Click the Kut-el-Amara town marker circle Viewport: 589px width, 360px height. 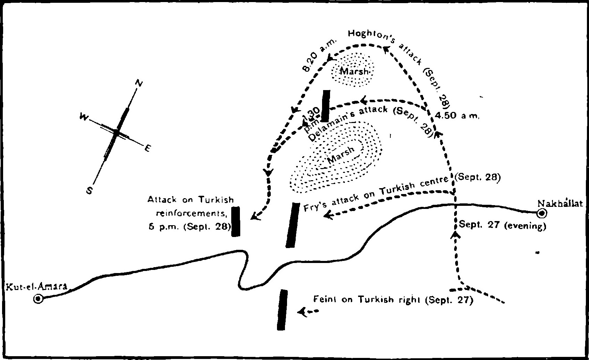point(38,299)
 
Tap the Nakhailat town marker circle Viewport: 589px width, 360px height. point(541,213)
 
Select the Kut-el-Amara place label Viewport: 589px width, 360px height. point(35,287)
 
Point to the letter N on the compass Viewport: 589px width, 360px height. point(139,83)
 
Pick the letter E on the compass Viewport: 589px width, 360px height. point(148,148)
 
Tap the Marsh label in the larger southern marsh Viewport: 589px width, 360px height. point(341,155)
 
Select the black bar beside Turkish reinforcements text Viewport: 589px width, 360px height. point(236,221)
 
